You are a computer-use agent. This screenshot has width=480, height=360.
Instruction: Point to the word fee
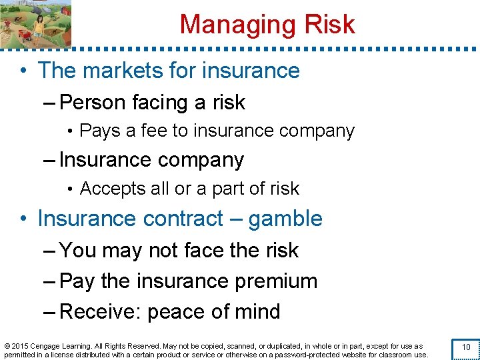click(x=155, y=131)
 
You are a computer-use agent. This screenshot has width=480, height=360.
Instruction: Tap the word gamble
click(x=285, y=219)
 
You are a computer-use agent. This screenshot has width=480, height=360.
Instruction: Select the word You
click(x=77, y=250)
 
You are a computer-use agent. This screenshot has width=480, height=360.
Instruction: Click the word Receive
click(x=100, y=312)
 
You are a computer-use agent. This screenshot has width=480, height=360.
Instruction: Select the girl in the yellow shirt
click(x=38, y=27)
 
